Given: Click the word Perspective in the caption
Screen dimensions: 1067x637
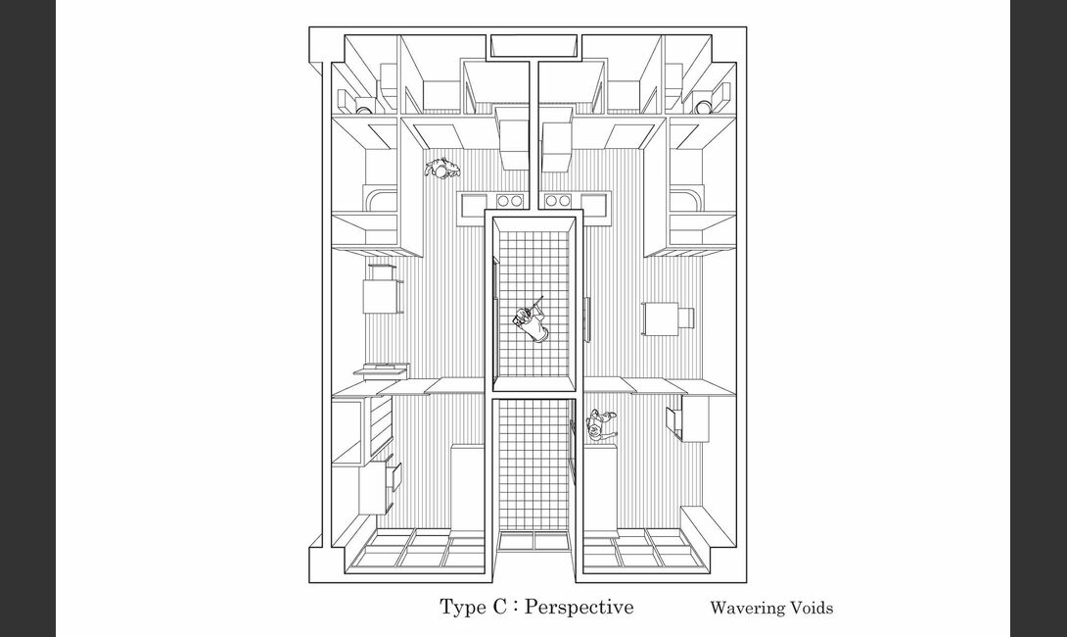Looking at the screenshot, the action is pyautogui.click(x=580, y=607).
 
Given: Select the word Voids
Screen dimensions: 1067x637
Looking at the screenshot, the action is pyautogui.click(x=810, y=608).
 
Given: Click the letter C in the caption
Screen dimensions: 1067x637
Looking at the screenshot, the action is pyautogui.click(x=498, y=607).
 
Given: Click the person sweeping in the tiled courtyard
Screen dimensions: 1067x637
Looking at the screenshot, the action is pyautogui.click(x=531, y=320).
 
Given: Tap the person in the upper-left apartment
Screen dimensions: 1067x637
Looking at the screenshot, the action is pyautogui.click(x=442, y=168).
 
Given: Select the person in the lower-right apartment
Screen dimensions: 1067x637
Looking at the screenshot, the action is pyautogui.click(x=601, y=425).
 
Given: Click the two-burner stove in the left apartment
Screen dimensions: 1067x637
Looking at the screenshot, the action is pyautogui.click(x=509, y=200).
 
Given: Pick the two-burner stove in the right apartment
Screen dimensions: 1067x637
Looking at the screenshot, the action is pyautogui.click(x=558, y=200).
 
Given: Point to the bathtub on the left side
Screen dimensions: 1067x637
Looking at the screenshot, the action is pyautogui.click(x=382, y=200).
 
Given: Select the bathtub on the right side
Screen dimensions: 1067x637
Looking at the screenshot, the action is pyautogui.click(x=685, y=200).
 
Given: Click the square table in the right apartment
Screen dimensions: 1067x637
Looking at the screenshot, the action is pyautogui.click(x=660, y=318).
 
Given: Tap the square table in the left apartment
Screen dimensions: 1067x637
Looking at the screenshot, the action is pyautogui.click(x=380, y=296).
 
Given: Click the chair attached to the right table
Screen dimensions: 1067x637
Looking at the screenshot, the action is pyautogui.click(x=686, y=318).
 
